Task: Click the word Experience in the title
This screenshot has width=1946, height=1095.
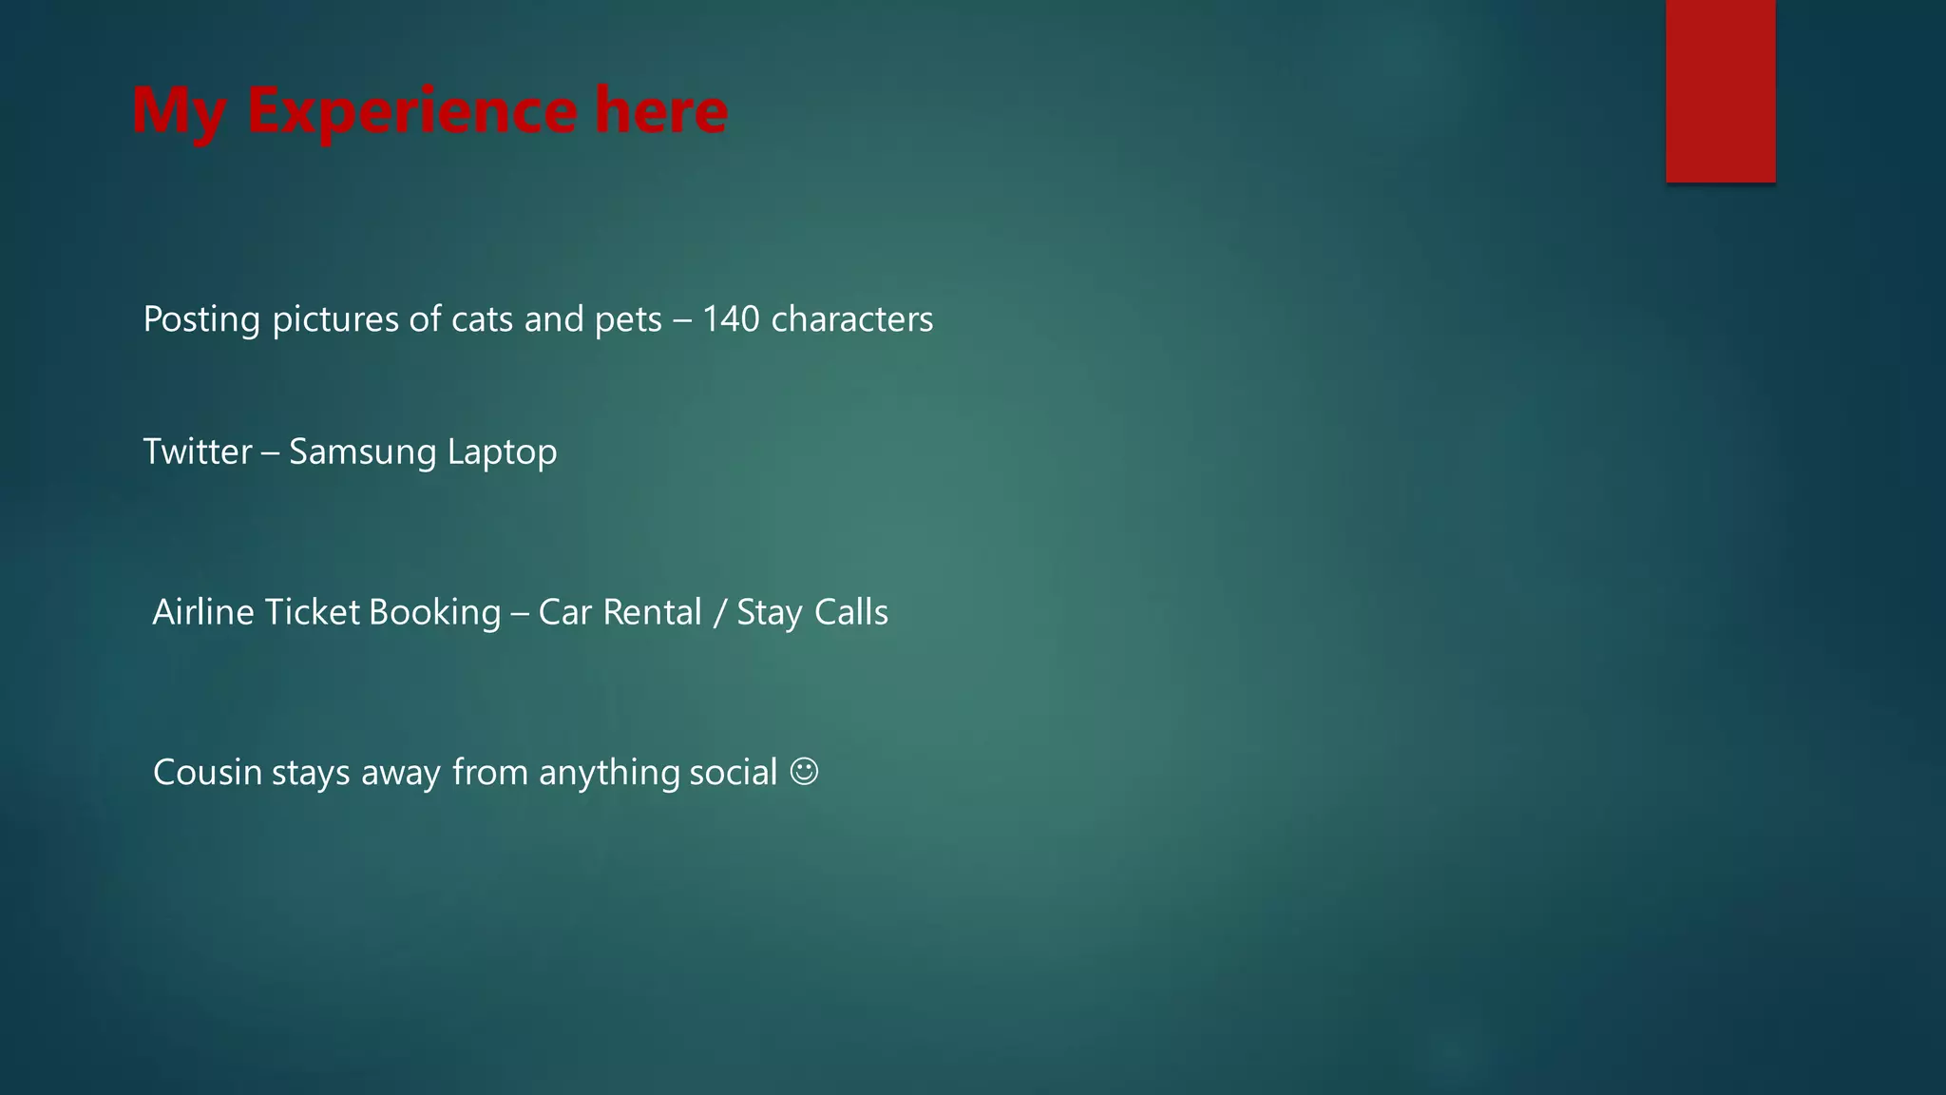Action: click(411, 111)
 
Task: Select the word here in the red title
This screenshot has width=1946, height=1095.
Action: click(661, 111)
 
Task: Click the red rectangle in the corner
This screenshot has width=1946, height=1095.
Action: click(1720, 90)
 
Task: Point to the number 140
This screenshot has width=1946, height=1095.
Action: click(731, 319)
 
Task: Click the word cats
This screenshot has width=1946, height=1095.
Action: click(482, 320)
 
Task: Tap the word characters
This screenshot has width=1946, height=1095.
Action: click(852, 319)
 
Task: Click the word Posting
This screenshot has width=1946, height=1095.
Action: click(201, 320)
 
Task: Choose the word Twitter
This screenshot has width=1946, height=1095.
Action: click(198, 451)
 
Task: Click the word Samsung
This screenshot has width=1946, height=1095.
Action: click(362, 452)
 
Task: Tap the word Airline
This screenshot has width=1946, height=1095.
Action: click(203, 612)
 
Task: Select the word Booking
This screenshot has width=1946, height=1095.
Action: click(434, 613)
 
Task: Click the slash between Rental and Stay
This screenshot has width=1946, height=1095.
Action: click(718, 613)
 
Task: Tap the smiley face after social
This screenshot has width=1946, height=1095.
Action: click(804, 771)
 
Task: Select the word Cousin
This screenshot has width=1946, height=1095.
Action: click(207, 772)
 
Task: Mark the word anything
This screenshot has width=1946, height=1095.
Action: click(609, 773)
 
